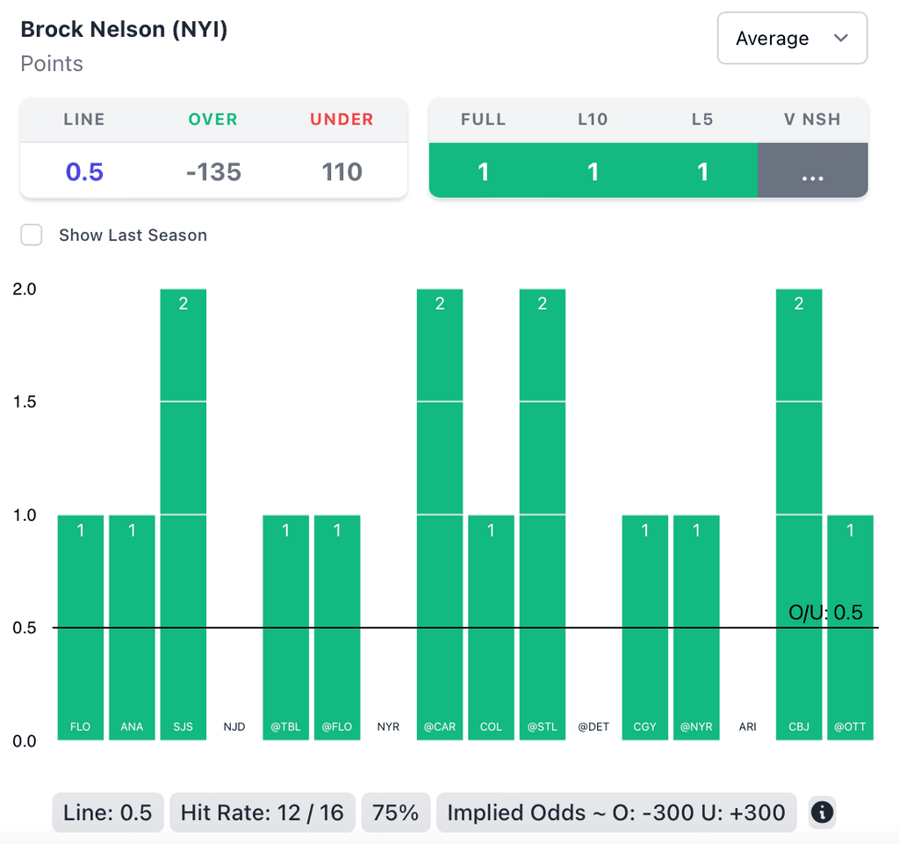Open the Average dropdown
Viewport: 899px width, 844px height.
click(792, 39)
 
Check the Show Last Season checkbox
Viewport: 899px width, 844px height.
click(32, 235)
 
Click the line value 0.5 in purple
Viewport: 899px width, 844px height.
click(84, 171)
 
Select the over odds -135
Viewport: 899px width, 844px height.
click(213, 171)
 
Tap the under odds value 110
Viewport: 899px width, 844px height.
click(342, 171)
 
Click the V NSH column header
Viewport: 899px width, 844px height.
click(812, 119)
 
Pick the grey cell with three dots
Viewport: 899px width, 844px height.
click(812, 171)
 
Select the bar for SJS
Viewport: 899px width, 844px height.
click(183, 514)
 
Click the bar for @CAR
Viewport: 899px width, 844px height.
click(440, 514)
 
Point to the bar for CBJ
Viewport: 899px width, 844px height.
click(799, 514)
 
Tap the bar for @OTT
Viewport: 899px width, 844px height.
click(850, 627)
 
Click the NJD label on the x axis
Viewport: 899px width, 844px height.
click(234, 727)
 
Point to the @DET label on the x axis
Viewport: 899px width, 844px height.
click(593, 727)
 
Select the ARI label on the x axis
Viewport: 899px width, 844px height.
click(747, 727)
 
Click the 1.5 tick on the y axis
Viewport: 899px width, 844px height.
click(25, 401)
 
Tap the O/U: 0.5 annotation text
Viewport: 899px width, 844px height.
click(825, 612)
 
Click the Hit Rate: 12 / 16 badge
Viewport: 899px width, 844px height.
click(262, 812)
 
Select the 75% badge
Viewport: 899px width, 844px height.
click(396, 812)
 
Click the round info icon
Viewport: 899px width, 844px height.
click(822, 812)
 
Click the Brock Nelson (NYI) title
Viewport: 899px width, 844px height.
click(124, 29)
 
